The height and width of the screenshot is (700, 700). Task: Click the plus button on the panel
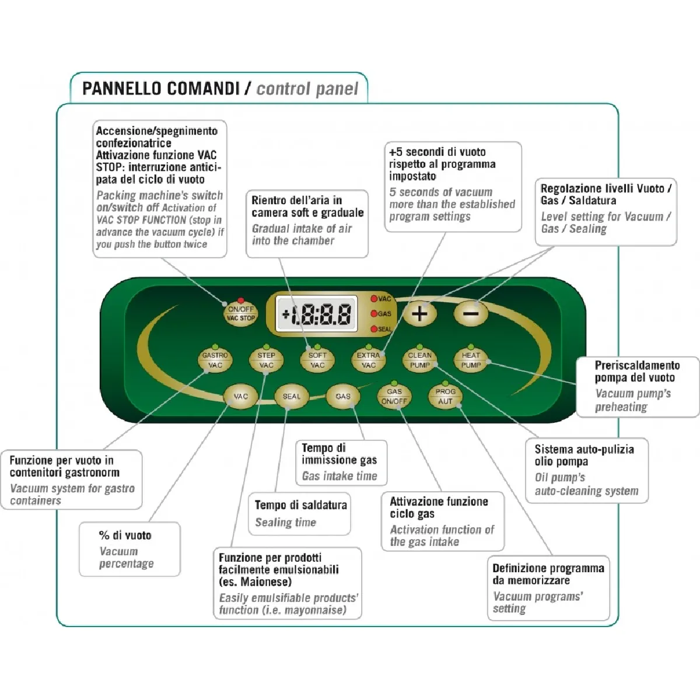420,313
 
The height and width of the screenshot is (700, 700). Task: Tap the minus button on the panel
471,313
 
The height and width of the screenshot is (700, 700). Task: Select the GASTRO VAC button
215,360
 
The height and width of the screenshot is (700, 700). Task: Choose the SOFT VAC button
317,360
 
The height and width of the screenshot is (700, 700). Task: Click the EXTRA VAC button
368,360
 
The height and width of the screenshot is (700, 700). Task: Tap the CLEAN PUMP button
419,360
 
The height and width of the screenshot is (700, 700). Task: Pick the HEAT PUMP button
471,360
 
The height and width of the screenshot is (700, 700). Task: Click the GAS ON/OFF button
394,397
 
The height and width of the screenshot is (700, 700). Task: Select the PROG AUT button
445,397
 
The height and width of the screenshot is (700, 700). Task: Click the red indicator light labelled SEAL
374,329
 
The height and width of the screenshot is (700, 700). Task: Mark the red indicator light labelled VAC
374,299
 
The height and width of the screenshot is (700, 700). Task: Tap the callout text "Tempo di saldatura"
300,505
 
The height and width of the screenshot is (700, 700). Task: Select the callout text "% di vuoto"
125,535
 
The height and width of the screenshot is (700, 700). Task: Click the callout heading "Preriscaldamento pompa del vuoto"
637,371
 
